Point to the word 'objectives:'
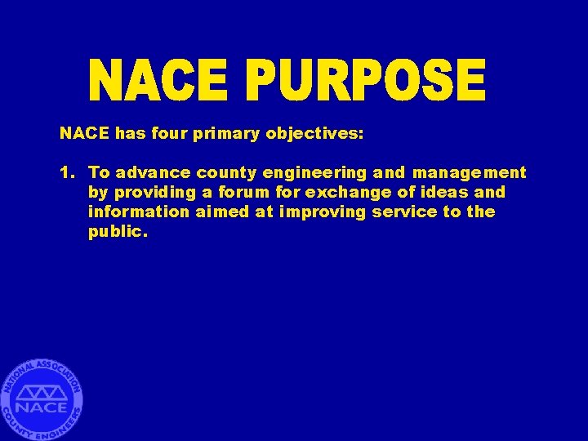314,133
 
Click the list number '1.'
68,172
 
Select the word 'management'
469,172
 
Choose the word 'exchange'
339,192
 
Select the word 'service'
403,212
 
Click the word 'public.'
118,232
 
